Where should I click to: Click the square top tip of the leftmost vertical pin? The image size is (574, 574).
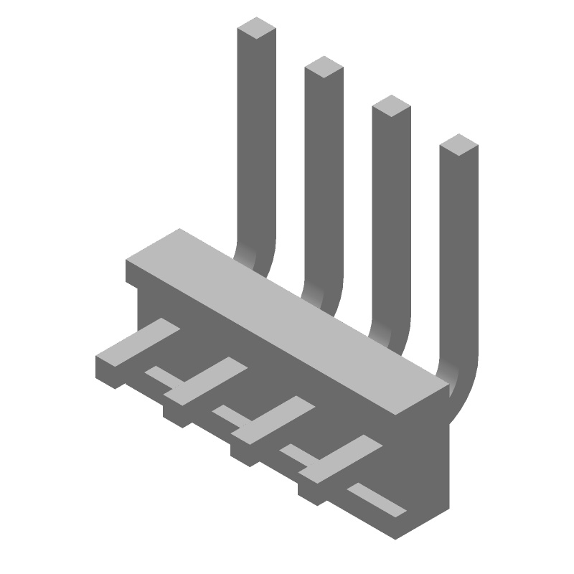tap(257, 28)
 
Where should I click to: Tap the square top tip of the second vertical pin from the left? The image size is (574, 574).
tap(324, 67)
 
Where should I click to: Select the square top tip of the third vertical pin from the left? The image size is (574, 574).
tap(390, 106)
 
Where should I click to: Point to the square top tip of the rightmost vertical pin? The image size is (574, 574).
tap(458, 145)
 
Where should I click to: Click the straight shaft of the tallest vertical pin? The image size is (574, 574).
tap(257, 143)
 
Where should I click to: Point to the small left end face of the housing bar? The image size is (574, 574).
tap(132, 271)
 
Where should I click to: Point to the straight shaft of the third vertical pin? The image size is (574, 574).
tap(391, 215)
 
